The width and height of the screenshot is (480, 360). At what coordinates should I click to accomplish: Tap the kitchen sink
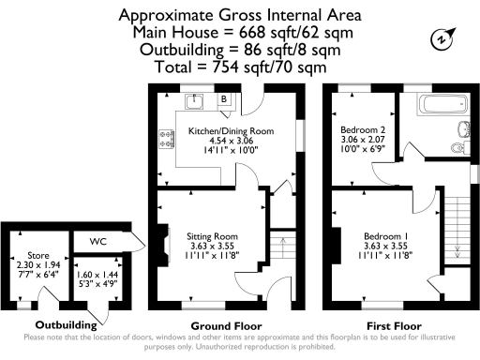(x=200, y=99)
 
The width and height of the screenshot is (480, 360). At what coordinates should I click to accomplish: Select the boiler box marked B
(x=224, y=98)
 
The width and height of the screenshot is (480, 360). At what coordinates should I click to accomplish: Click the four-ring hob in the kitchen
(x=170, y=141)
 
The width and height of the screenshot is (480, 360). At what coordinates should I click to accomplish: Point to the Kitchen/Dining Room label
(x=230, y=130)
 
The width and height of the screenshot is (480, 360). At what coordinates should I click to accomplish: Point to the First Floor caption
(x=392, y=325)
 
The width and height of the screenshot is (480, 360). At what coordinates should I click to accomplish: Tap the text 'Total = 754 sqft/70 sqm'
(x=240, y=67)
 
